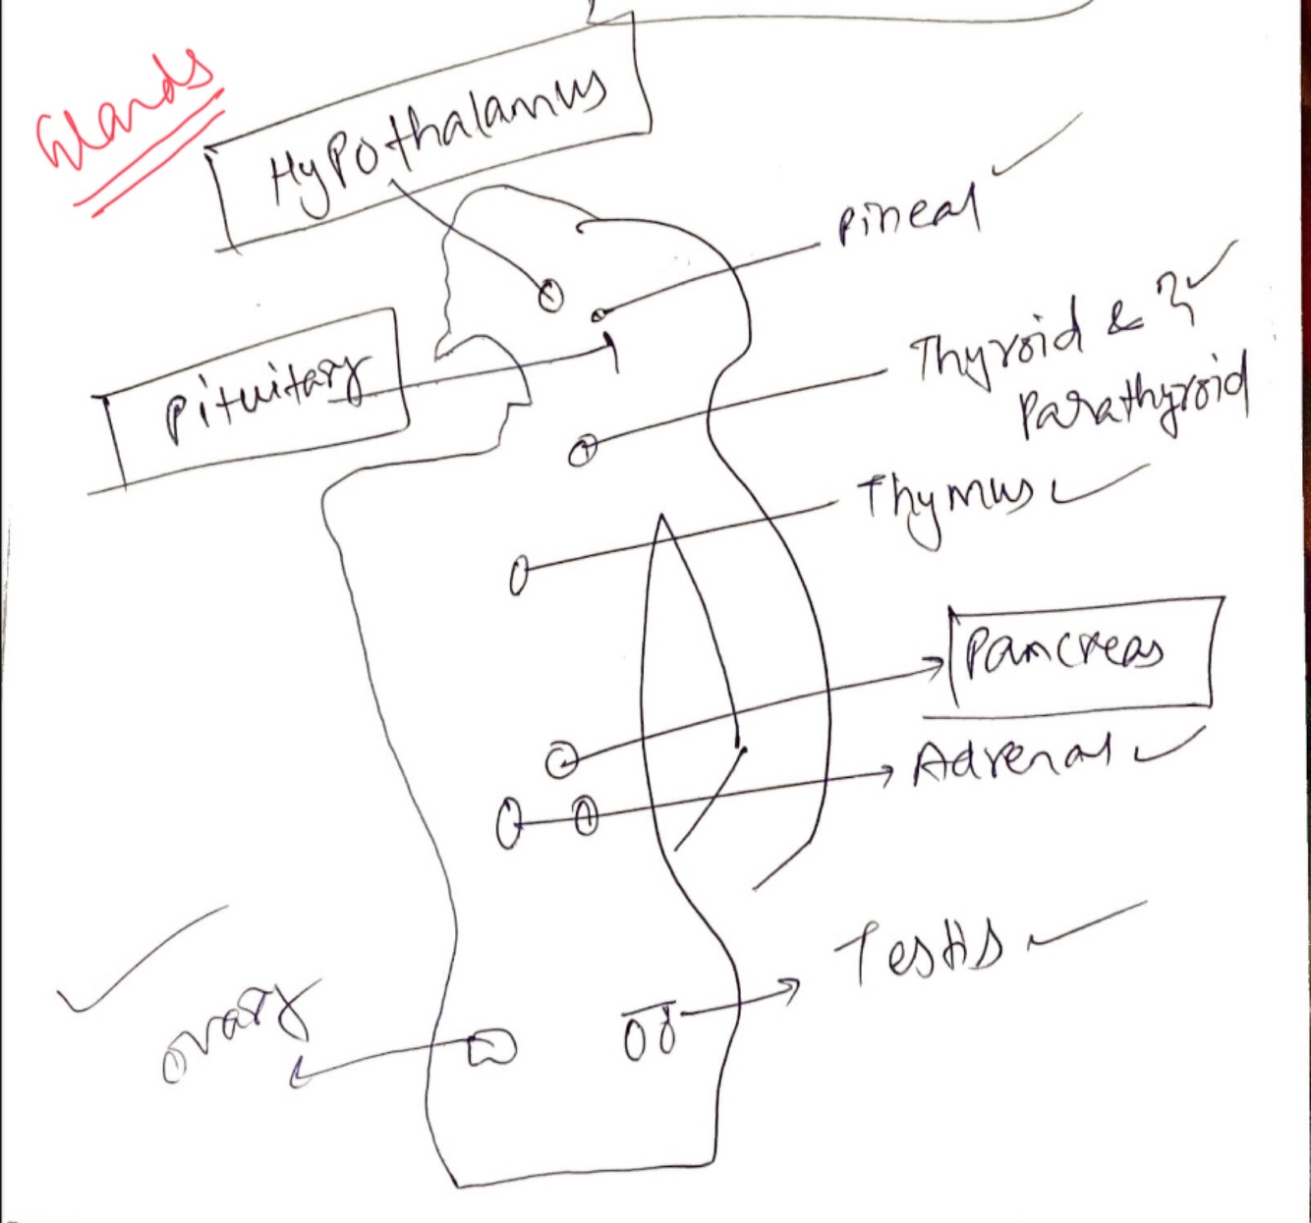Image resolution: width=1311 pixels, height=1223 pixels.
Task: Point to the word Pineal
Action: click(x=908, y=216)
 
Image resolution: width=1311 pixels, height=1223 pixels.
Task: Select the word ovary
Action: click(x=236, y=1031)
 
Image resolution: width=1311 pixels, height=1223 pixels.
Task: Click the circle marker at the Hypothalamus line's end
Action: click(x=550, y=294)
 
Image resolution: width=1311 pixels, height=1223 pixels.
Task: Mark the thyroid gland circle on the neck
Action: click(x=583, y=451)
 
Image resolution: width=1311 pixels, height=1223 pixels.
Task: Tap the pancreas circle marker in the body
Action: click(x=561, y=759)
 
